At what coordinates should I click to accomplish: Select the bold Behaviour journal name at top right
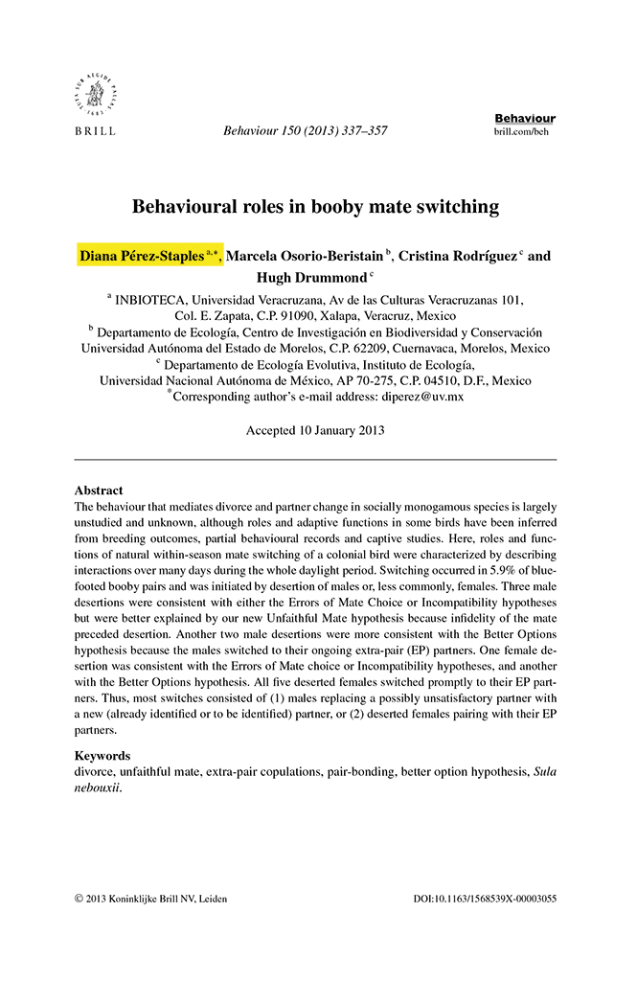click(525, 118)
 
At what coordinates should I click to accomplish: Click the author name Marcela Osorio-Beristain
click(306, 256)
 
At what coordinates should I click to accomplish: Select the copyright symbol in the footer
click(79, 899)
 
